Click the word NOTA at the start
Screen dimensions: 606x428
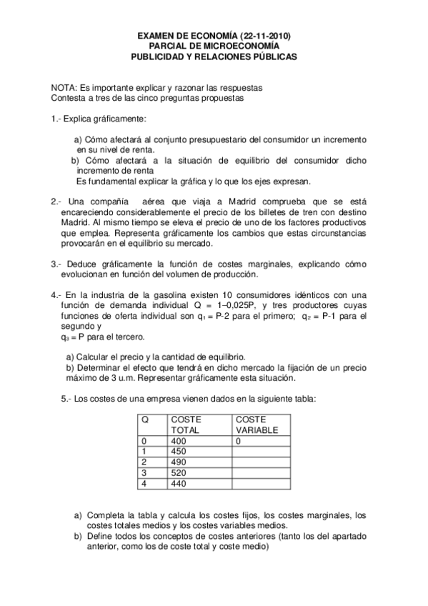64,84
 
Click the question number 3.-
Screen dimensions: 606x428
56,264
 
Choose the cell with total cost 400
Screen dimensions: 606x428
179,441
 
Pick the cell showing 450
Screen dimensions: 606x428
179,452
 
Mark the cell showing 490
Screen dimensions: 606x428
179,462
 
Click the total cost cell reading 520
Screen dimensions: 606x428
179,472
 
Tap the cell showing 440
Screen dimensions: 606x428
179,483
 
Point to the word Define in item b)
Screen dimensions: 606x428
100,537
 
